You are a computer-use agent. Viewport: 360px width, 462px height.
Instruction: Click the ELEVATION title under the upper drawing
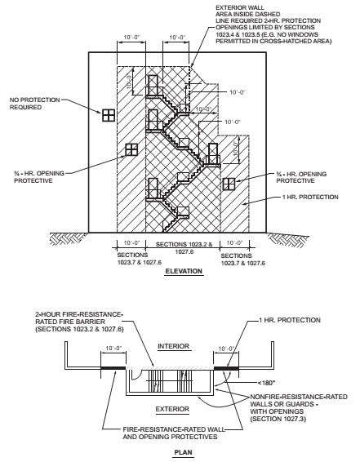(184, 271)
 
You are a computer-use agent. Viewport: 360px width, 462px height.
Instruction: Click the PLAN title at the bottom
(183, 452)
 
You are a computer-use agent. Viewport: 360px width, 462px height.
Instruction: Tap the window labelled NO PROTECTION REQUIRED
(109, 115)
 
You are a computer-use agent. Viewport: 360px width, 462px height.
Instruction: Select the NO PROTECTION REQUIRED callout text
(34, 104)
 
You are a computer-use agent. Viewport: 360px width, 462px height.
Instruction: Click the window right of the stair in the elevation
(229, 184)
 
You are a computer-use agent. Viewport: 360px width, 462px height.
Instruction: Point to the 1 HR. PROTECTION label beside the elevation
(310, 197)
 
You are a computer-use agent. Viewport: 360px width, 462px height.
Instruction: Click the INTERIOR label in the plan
(174, 346)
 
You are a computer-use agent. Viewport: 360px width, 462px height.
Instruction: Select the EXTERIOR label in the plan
(172, 409)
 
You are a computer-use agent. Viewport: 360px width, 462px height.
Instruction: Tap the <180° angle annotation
(266, 383)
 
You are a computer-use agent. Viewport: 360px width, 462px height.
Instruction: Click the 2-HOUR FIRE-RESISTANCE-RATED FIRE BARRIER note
(79, 322)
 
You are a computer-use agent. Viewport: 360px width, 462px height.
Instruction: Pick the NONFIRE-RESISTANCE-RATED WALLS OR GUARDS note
(299, 408)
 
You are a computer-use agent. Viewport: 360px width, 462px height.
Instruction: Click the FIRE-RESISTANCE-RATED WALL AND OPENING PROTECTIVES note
(174, 433)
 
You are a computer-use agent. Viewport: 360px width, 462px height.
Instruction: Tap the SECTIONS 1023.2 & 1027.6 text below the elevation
(184, 248)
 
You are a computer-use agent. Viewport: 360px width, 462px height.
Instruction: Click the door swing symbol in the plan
(136, 374)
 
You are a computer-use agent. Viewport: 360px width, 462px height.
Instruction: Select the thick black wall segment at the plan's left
(113, 368)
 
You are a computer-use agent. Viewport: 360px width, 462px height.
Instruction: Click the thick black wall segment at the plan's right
(226, 368)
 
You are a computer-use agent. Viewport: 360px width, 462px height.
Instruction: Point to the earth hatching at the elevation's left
(69, 239)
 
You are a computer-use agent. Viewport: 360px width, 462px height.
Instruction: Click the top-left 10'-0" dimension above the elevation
(131, 38)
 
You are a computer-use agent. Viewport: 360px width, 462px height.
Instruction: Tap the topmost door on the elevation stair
(153, 86)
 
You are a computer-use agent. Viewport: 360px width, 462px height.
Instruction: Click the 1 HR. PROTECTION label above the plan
(290, 320)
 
